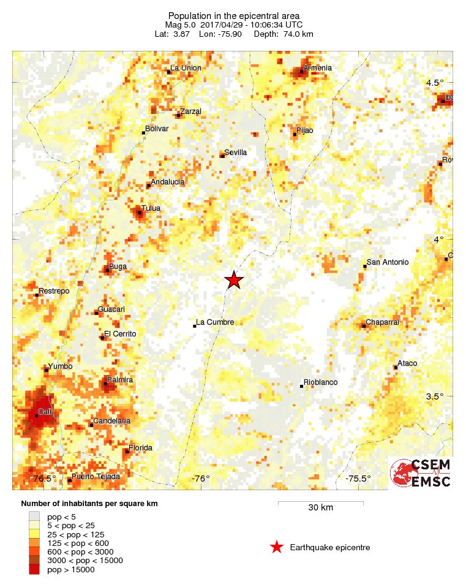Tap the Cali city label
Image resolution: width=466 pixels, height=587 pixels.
pyautogui.click(x=45, y=411)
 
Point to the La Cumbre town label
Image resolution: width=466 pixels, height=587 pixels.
pyautogui.click(x=215, y=322)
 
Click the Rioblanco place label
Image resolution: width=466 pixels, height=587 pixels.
pyautogui.click(x=320, y=382)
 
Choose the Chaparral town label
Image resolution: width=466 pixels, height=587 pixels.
pyautogui.click(x=382, y=322)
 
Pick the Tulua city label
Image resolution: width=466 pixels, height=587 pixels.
pyautogui.click(x=151, y=208)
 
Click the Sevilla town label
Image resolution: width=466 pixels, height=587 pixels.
pyautogui.click(x=236, y=152)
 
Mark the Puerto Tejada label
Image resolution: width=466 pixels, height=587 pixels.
pyautogui.click(x=96, y=476)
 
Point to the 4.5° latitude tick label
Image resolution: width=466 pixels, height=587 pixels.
pyautogui.click(x=434, y=83)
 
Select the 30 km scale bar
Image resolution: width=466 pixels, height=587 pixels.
pyautogui.click(x=320, y=504)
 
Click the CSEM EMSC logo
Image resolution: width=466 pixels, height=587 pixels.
pyautogui.click(x=421, y=473)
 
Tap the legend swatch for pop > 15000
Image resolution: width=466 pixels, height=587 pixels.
pyautogui.click(x=35, y=569)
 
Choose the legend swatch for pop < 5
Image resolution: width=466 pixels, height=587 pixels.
pyautogui.click(x=35, y=517)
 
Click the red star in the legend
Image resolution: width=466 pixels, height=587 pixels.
pyautogui.click(x=277, y=547)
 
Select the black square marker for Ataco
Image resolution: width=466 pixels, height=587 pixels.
pyautogui.click(x=396, y=367)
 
